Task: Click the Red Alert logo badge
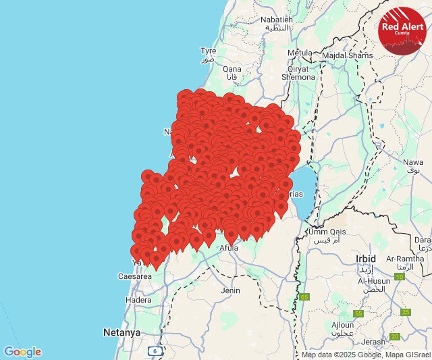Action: tap(402, 30)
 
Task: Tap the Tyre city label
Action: tap(208, 51)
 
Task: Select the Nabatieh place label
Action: tap(278, 20)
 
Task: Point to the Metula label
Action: tap(300, 53)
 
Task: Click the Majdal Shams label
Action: tap(347, 55)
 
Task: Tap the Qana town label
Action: tap(232, 69)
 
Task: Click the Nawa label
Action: tap(413, 162)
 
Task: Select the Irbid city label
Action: tap(367, 259)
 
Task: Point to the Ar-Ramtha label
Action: tap(405, 259)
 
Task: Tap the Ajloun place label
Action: tap(342, 325)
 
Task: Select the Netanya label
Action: tap(122, 333)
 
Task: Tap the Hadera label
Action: tap(138, 300)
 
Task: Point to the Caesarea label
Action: tap(134, 277)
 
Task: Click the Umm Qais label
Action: tap(327, 232)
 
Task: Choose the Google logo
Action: tap(22, 352)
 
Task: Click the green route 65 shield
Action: tap(305, 297)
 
